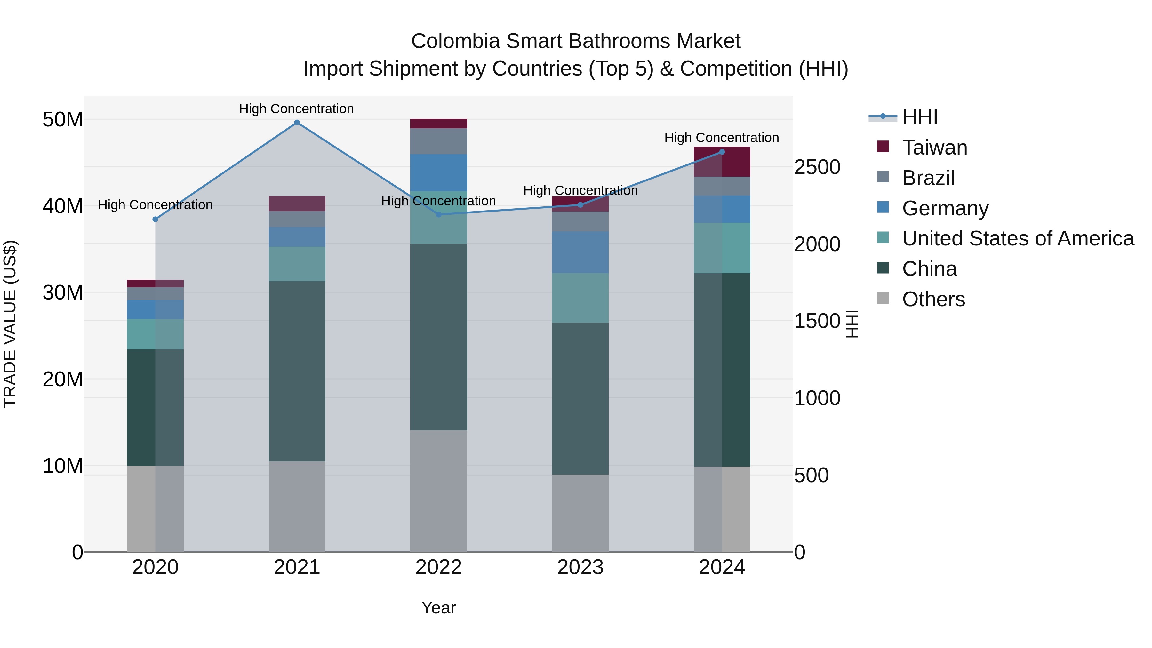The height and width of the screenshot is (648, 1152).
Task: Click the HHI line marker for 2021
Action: click(x=297, y=123)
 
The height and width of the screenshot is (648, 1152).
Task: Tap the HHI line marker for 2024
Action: click(x=722, y=152)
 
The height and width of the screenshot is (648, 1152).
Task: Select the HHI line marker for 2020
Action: click(x=155, y=219)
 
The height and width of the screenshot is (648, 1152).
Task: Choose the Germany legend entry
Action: click(x=945, y=208)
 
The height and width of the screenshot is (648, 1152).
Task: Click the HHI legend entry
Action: click(x=919, y=117)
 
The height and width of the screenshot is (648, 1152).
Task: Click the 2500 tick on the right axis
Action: click(x=817, y=167)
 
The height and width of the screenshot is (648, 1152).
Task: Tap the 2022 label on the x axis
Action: click(x=438, y=567)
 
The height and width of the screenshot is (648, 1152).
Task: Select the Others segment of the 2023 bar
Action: click(x=580, y=513)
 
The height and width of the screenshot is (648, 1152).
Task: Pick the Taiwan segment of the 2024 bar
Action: click(x=722, y=162)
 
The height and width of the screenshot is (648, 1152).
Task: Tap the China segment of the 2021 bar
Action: click(x=297, y=371)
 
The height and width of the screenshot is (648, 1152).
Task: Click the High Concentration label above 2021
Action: click(x=297, y=109)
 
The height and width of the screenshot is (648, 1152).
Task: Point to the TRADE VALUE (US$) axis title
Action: click(x=10, y=324)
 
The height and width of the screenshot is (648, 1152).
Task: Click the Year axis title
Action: click(x=438, y=608)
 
